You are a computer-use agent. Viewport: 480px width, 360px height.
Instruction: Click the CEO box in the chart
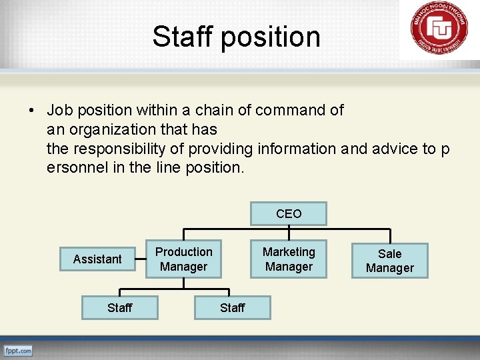coord(289,214)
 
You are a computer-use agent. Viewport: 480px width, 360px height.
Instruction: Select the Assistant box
coord(97,259)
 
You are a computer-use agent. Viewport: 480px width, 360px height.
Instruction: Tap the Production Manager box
coord(183,259)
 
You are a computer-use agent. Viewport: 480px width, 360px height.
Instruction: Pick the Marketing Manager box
coord(289,259)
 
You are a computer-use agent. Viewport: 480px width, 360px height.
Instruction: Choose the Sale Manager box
coord(390,261)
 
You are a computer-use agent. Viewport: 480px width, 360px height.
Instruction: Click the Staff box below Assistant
coord(120,307)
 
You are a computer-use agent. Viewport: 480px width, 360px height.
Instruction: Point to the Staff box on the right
coord(232,307)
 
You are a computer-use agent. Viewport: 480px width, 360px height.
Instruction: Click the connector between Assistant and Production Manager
coord(141,259)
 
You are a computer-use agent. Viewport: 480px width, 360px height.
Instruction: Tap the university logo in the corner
coord(439,30)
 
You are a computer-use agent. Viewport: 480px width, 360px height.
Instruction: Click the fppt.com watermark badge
coord(18,350)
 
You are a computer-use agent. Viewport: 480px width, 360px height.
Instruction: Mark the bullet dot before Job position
coord(32,110)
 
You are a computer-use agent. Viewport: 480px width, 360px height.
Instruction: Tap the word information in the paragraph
coord(297,149)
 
